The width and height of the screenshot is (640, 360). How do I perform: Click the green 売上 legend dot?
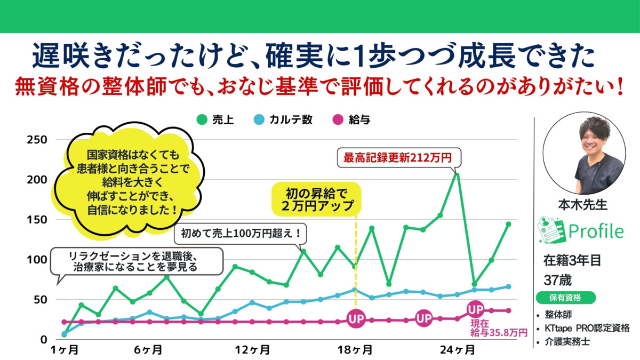point(201,119)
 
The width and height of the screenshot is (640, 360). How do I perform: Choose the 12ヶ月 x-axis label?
point(252,350)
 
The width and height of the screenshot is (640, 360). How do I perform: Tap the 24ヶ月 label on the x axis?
point(458,350)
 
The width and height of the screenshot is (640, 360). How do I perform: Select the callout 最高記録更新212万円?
point(397,158)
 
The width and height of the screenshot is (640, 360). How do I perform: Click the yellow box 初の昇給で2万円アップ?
point(317,198)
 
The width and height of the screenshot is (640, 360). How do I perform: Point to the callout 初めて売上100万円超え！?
point(241,233)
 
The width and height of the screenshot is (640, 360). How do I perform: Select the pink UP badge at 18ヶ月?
point(356,319)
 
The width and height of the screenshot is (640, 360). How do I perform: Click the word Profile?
point(596,231)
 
